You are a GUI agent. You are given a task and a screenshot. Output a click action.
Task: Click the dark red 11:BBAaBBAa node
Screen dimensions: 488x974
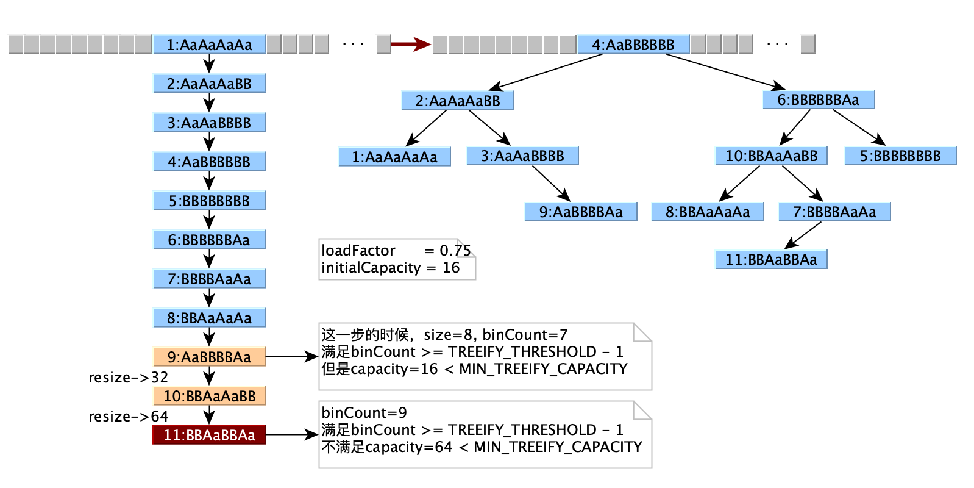(209, 435)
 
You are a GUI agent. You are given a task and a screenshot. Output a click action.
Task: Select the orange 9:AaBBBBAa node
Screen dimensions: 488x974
(209, 357)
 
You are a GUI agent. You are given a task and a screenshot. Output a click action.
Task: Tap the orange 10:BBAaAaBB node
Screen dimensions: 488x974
(209, 396)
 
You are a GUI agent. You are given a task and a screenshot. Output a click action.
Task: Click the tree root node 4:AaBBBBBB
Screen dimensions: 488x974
(633, 45)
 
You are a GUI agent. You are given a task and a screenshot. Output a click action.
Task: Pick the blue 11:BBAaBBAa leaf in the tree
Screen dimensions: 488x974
(771, 259)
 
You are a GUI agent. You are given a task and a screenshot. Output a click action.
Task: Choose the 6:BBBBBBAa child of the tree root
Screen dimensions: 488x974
(818, 100)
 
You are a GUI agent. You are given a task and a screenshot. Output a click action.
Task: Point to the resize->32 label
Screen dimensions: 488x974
(128, 378)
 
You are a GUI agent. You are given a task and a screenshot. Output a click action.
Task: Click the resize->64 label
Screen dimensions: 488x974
(128, 417)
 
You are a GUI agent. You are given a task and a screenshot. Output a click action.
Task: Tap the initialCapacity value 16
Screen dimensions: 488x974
(451, 268)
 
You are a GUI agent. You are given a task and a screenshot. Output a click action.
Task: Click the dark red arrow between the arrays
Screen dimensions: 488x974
(410, 44)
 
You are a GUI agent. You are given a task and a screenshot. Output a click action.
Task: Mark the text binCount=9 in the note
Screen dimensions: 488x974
(364, 413)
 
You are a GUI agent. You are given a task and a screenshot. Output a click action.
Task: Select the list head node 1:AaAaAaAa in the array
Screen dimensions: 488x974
(209, 45)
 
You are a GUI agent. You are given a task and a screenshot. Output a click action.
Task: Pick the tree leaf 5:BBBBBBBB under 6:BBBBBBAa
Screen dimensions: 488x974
(900, 156)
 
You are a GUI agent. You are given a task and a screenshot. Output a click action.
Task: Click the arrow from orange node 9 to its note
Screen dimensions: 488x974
(291, 357)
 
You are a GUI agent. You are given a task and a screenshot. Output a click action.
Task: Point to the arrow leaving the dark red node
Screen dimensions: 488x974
(291, 435)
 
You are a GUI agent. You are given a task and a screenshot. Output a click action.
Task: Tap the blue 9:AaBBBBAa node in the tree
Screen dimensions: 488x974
(581, 212)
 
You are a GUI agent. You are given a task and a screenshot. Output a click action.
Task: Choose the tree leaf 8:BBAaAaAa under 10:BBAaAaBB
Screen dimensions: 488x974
(708, 212)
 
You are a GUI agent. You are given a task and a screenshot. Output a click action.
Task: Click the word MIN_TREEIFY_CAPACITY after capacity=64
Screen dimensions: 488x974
(558, 447)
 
